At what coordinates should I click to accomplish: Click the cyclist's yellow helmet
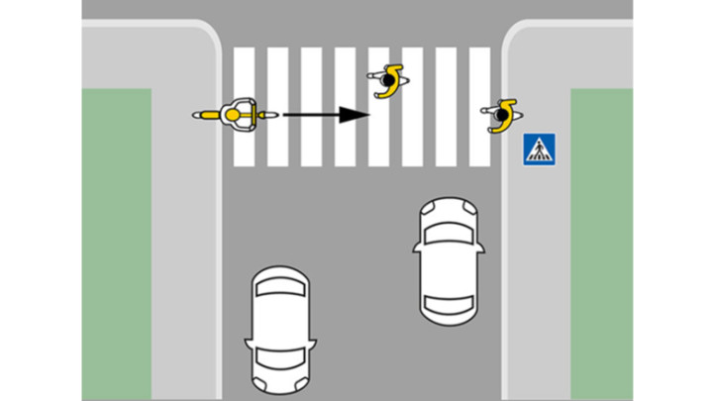pyautogui.click(x=234, y=116)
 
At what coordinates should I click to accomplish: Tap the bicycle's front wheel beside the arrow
pyautogui.click(x=265, y=116)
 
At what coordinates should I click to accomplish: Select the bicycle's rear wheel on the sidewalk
pyautogui.click(x=203, y=116)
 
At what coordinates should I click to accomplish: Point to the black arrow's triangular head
pyautogui.click(x=353, y=115)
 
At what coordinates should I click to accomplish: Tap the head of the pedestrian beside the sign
pyautogui.click(x=502, y=117)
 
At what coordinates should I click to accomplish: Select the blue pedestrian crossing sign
pyautogui.click(x=539, y=150)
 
